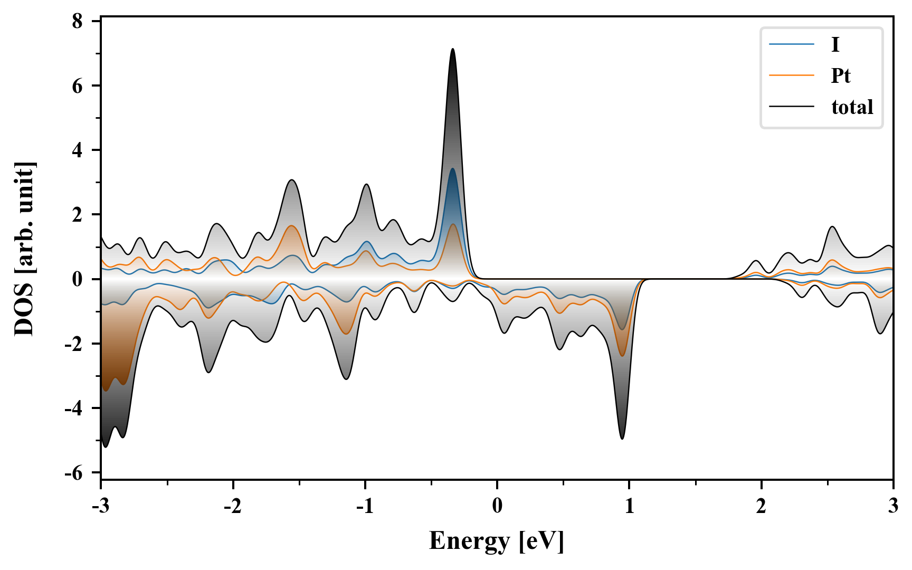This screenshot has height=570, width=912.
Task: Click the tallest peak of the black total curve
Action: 453,49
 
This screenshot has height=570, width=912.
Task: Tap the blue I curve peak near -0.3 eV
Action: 452,169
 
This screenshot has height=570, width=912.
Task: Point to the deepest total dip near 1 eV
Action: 622,439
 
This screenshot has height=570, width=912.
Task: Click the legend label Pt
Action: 840,76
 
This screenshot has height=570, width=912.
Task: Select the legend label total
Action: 852,107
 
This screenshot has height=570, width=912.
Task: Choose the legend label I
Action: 835,44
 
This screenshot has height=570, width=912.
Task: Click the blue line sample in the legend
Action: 792,44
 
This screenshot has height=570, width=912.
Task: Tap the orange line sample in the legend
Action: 792,75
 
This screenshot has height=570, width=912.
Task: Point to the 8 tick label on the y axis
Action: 78,21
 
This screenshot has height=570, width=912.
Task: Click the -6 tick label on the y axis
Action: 74,473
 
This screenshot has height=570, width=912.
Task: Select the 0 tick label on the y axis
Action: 78,279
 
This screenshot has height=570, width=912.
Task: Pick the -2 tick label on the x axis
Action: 232,507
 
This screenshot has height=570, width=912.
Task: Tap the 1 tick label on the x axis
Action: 629,507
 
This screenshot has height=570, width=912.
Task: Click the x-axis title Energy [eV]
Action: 497,541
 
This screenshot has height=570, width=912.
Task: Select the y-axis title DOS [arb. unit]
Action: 24,249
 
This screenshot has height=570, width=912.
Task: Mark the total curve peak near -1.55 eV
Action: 292,180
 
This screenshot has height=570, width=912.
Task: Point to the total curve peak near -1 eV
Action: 366,184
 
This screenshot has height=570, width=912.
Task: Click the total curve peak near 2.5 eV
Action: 832,226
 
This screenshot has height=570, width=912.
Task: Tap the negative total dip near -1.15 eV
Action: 346,379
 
